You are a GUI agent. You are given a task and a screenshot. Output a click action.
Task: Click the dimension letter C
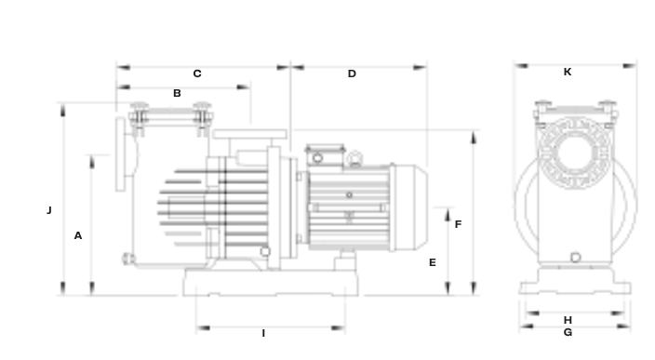pos(197,73)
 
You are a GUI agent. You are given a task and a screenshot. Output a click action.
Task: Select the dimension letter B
pos(177,93)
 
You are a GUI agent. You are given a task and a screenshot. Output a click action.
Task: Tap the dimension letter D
pos(352,73)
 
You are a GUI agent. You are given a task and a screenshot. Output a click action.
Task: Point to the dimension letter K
pos(568,72)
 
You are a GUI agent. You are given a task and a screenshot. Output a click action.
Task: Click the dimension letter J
pos(49,210)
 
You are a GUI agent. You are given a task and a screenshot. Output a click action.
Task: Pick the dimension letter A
pos(78,235)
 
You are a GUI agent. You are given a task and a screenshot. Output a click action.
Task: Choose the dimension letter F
pos(459,224)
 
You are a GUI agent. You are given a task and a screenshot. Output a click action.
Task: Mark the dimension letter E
pos(433,262)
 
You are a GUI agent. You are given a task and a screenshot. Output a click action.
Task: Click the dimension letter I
pos(263,333)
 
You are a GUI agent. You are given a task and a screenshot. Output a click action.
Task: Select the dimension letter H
pos(568,320)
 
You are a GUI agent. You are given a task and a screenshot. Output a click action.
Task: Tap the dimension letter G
pos(568,332)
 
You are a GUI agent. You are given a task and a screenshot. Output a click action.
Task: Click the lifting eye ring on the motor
pos(354,158)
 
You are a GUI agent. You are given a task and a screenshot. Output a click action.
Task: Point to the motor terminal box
pos(325,155)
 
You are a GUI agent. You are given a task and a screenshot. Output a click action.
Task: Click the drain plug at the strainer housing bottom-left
pos(127,259)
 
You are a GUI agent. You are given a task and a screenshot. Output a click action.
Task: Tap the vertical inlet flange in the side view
pos(120,154)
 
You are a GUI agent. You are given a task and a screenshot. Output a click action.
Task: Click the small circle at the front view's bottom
pos(575,258)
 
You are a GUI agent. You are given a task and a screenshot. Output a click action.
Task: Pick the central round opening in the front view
pos(575,153)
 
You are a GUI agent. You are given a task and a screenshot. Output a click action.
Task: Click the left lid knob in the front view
pos(542,104)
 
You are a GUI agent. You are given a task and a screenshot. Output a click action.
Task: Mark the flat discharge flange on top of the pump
pos(249,134)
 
